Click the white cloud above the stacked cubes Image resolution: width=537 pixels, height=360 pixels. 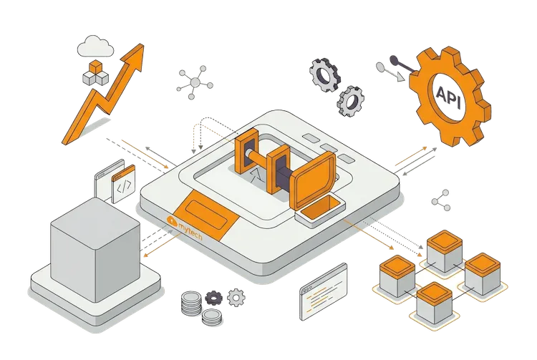click(x=95, y=47)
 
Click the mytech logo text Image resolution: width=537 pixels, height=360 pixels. click(x=190, y=230)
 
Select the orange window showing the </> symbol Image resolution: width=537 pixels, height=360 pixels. click(x=123, y=184)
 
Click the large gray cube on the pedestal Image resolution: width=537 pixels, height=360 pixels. click(x=95, y=250)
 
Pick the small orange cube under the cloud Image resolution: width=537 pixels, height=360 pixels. click(x=95, y=67)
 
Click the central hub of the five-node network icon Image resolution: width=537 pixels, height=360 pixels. click(x=195, y=82)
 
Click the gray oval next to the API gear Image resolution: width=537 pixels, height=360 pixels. click(x=380, y=67)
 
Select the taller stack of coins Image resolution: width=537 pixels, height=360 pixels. click(x=191, y=303)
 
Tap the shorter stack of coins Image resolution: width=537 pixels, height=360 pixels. click(x=212, y=317)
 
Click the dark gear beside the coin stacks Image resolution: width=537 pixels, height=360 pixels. click(x=213, y=298)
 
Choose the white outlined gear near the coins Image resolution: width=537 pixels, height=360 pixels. click(x=236, y=298)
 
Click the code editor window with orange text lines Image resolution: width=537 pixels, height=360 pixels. click(x=324, y=292)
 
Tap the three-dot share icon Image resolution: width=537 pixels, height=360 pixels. click(x=441, y=200)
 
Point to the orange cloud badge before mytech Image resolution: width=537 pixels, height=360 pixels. click(x=172, y=220)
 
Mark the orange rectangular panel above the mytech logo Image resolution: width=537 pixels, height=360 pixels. click(x=205, y=215)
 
